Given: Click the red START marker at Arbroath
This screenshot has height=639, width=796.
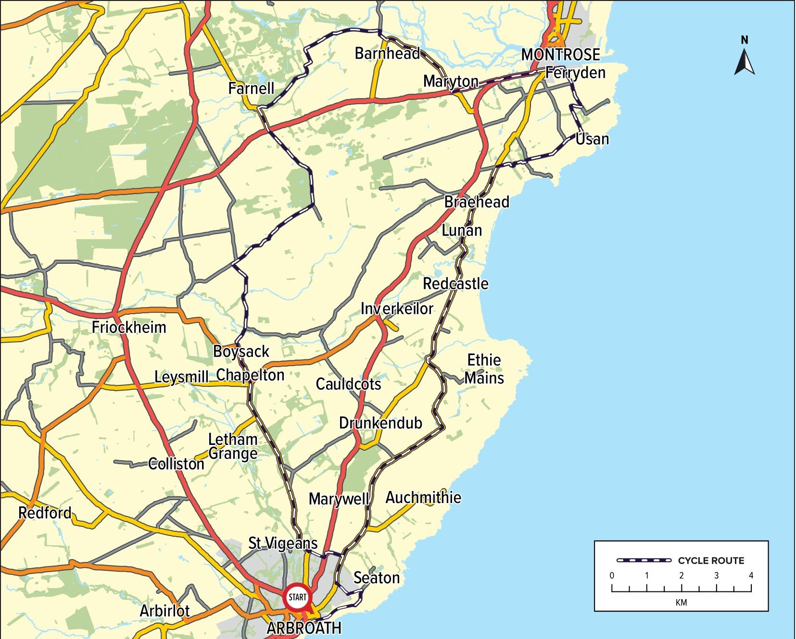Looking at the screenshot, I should (297, 597).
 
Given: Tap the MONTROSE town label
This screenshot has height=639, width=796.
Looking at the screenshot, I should (560, 55).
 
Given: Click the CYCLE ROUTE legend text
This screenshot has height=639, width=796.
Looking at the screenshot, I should (711, 561).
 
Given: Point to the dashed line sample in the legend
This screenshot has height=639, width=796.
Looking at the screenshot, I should (644, 560).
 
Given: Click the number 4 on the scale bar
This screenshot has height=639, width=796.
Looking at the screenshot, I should (751, 576).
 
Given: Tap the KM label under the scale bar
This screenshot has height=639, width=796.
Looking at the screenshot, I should (681, 602).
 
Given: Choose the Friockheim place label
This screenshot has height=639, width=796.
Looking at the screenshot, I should (129, 328).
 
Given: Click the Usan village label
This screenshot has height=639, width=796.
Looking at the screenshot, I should (593, 139).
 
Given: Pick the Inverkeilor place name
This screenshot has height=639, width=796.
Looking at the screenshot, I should (397, 308).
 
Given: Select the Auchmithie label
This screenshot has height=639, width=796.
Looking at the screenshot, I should (423, 498).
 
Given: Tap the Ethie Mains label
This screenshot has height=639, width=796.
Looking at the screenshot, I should (484, 369).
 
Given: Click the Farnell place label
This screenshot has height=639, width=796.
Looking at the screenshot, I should (251, 88).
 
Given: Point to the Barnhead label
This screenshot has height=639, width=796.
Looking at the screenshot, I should (387, 53).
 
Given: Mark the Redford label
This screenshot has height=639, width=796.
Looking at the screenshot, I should (45, 513).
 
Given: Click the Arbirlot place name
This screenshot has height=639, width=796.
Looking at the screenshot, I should (164, 611).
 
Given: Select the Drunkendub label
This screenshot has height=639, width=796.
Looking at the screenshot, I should (380, 423).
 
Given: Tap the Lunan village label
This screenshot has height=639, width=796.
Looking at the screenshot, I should (462, 231).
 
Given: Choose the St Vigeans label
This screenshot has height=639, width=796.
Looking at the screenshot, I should (283, 543).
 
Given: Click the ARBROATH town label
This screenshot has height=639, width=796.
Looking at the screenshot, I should (304, 628).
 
